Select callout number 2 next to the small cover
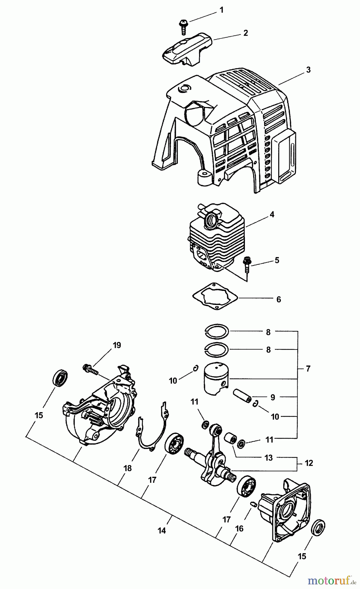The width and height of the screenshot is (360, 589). click(246, 33)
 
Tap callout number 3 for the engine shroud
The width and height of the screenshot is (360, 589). click(308, 70)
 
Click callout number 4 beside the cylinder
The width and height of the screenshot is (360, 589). click(272, 215)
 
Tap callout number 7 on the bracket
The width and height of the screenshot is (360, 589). click(308, 369)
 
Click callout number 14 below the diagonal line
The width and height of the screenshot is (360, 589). click(162, 530)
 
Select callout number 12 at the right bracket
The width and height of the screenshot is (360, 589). click(308, 463)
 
